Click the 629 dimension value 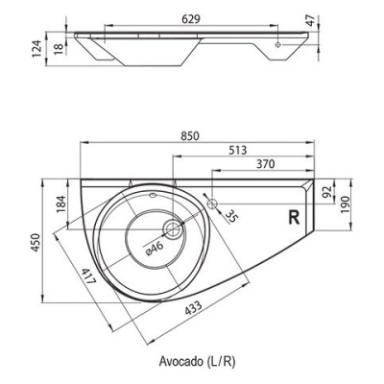(191, 19)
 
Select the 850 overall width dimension (190, 136)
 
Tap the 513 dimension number (238, 150)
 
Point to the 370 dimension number (266, 164)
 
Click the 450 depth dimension (36, 243)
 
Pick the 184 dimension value (61, 204)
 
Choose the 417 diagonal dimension (88, 277)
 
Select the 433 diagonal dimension (193, 308)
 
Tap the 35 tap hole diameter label (231, 217)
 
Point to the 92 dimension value (326, 192)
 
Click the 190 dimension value (346, 204)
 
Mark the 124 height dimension (37, 49)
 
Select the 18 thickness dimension (59, 49)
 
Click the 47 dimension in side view (308, 21)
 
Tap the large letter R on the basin (295, 218)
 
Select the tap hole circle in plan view (212, 204)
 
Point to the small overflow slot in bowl (153, 194)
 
